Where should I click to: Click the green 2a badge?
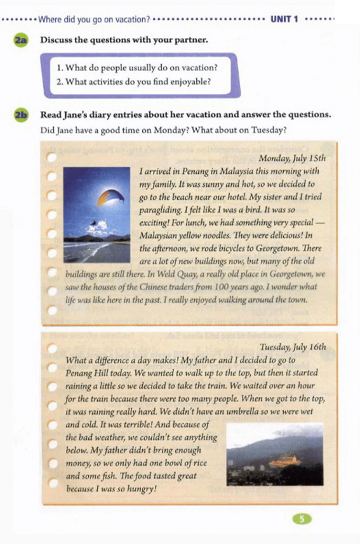click(x=21, y=40)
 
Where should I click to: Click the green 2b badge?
click(x=21, y=115)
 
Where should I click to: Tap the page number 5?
click(x=302, y=519)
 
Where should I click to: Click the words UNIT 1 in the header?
click(x=284, y=20)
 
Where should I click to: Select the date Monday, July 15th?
click(x=292, y=158)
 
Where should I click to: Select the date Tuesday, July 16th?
click(x=293, y=347)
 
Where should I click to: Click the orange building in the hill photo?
click(x=284, y=461)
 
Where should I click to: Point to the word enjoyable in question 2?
click(x=191, y=82)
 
